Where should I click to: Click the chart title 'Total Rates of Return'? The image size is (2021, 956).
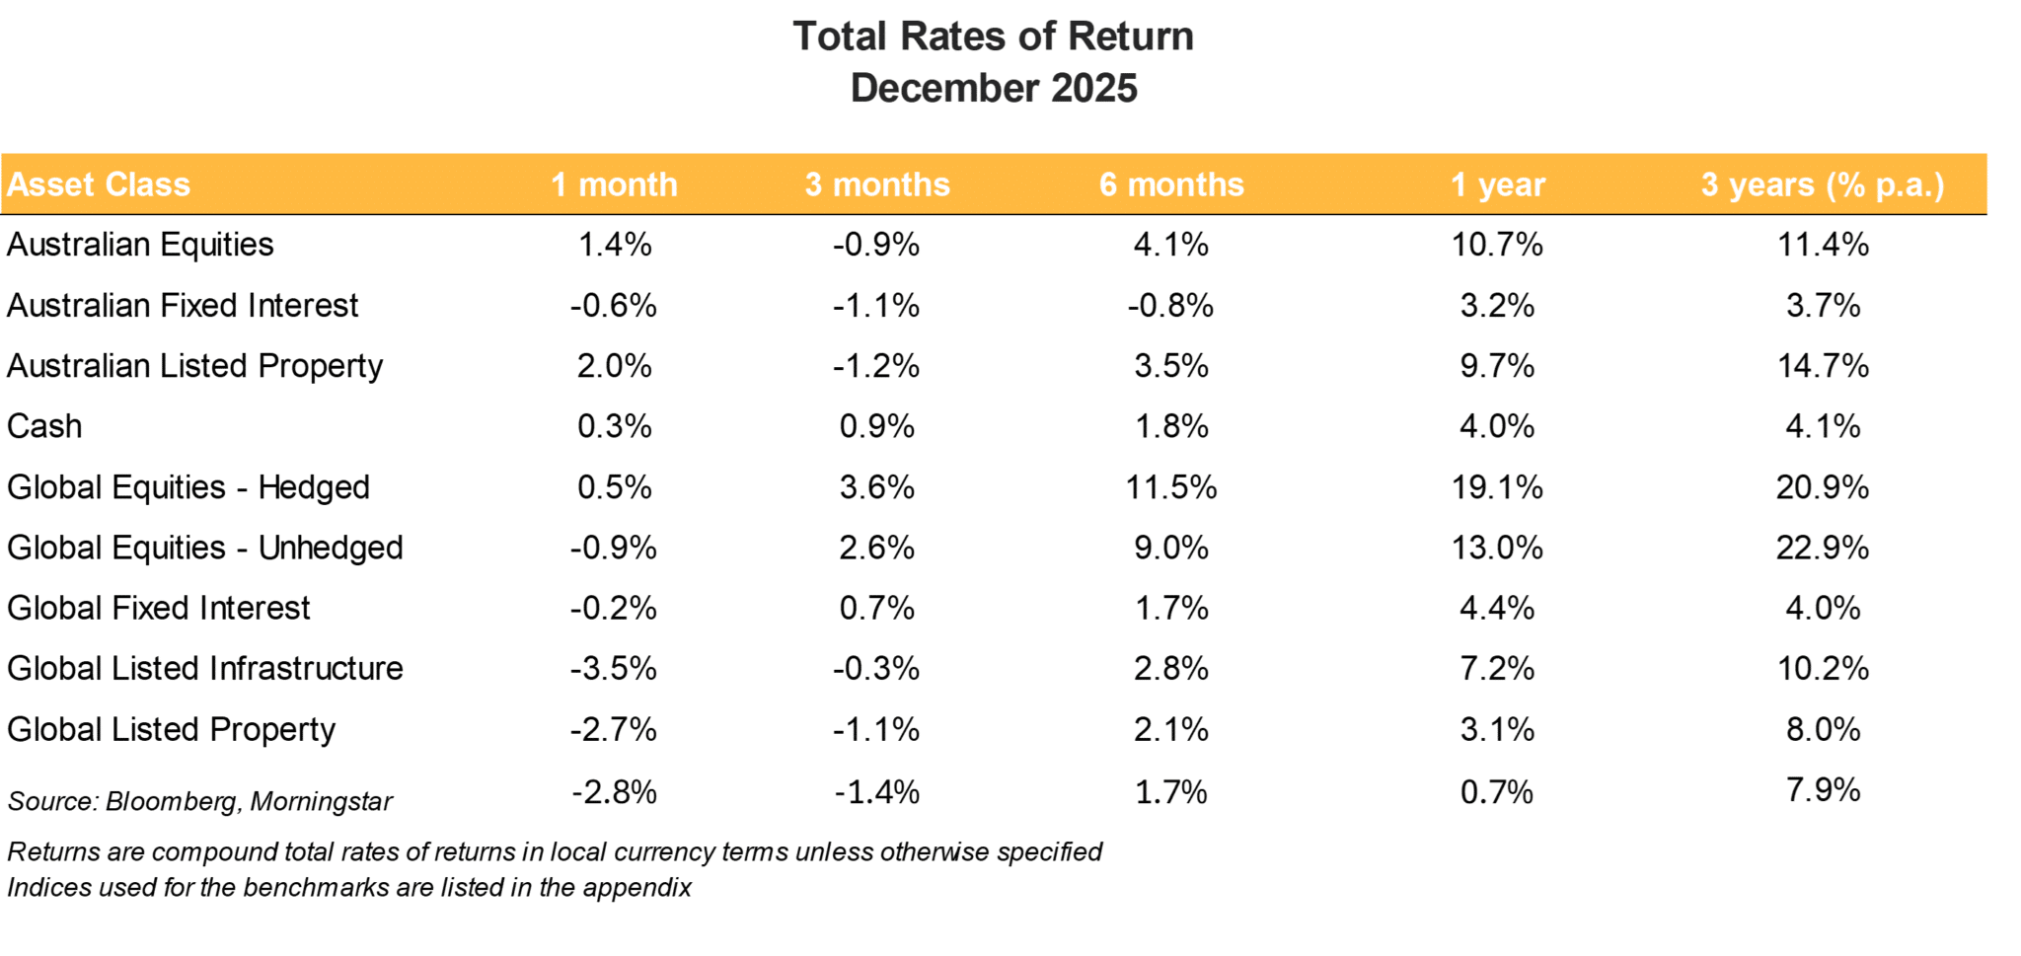(x=993, y=37)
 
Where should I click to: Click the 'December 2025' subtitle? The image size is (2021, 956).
(x=993, y=88)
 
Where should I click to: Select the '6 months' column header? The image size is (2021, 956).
(x=1171, y=184)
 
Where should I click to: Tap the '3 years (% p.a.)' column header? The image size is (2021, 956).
(x=1822, y=184)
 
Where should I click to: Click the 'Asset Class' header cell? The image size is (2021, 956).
(x=99, y=184)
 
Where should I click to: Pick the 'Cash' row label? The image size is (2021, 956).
(x=44, y=426)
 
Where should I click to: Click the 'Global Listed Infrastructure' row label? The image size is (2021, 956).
(x=205, y=668)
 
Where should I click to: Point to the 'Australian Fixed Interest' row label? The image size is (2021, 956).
(x=183, y=306)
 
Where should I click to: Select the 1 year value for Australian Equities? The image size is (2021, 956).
(x=1496, y=245)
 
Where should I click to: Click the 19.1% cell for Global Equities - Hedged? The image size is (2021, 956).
(x=1496, y=487)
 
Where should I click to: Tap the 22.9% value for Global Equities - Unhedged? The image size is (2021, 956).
(x=1822, y=548)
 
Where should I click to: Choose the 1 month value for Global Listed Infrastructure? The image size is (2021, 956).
(x=613, y=668)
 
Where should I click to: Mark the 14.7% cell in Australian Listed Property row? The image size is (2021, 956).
(x=1822, y=366)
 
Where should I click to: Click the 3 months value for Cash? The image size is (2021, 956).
(x=876, y=426)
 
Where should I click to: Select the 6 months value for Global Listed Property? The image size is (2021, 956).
(x=1171, y=729)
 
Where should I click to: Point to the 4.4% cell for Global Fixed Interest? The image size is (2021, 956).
(x=1496, y=608)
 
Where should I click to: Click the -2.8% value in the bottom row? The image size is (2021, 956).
(x=613, y=792)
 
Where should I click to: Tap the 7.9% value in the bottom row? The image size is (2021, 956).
(x=1822, y=790)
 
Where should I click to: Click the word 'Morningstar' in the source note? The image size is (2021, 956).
(x=321, y=801)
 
